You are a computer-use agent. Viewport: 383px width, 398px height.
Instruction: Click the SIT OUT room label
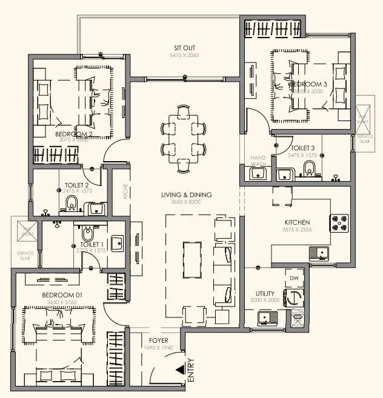(184, 48)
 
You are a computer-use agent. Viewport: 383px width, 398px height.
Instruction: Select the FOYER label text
(158, 341)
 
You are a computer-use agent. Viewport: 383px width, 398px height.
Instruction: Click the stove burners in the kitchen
(340, 223)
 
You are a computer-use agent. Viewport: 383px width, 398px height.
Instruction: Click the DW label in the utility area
(295, 278)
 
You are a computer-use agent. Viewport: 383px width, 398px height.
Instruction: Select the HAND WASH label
(259, 161)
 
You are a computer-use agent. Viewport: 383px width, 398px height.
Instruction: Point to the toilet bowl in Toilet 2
(72, 202)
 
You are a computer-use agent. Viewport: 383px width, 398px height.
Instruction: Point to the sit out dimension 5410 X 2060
(184, 55)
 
